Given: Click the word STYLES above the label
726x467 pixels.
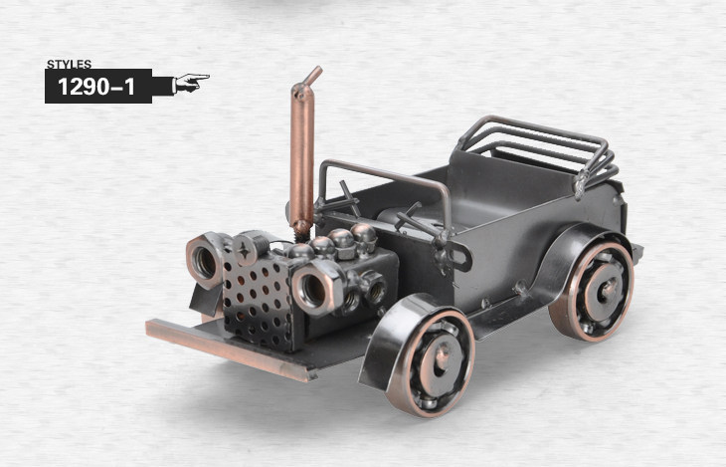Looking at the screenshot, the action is click(69, 64).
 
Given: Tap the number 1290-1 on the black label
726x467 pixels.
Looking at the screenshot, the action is click(96, 87).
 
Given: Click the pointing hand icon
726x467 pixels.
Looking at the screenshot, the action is click(190, 82).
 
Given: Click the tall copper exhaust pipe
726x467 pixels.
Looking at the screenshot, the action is click(302, 153).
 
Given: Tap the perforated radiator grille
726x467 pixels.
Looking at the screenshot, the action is click(258, 302).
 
